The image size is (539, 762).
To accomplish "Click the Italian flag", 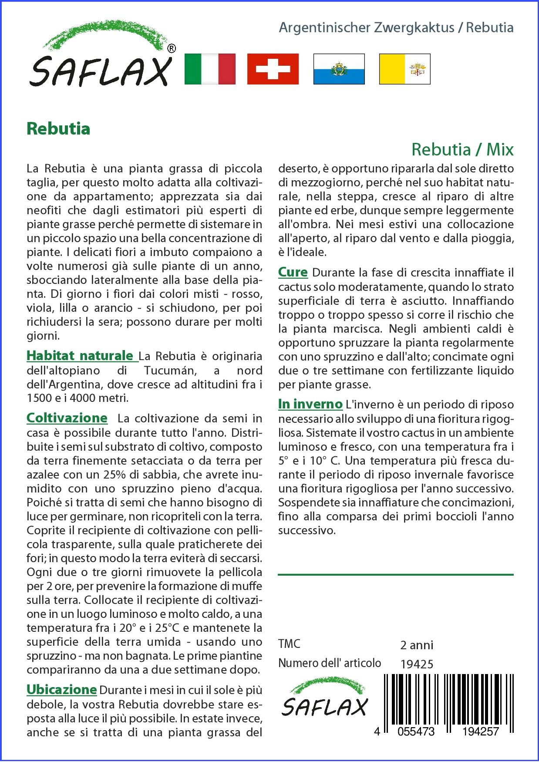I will tap(210, 69).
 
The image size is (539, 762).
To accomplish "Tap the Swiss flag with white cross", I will tap(273, 69).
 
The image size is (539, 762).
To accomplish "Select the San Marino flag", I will tap(339, 69).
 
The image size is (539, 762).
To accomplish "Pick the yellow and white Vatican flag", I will tap(404, 69).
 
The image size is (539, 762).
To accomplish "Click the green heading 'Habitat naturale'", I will tap(80, 356).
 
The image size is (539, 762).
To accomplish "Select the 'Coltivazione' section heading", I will tap(67, 418).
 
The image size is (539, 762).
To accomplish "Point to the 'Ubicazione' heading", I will tap(61, 690).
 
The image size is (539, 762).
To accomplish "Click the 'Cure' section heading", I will tap(293, 273).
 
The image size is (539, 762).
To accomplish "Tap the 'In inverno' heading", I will tap(310, 404).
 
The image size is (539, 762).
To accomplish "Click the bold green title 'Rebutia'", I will tap(58, 129).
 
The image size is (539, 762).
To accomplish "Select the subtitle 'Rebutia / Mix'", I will tap(462, 149).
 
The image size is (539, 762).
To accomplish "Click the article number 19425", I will tap(417, 664).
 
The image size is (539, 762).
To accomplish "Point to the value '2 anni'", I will tap(417, 645).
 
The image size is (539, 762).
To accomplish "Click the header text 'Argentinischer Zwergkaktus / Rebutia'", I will tap(396, 28).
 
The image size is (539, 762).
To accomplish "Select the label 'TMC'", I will tap(289, 644).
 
